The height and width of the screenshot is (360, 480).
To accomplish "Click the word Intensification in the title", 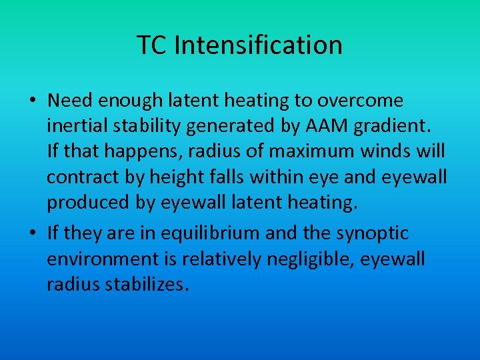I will click(x=259, y=45).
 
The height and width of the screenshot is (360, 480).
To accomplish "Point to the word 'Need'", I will click(x=71, y=101).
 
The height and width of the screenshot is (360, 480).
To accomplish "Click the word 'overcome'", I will click(x=360, y=101).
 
